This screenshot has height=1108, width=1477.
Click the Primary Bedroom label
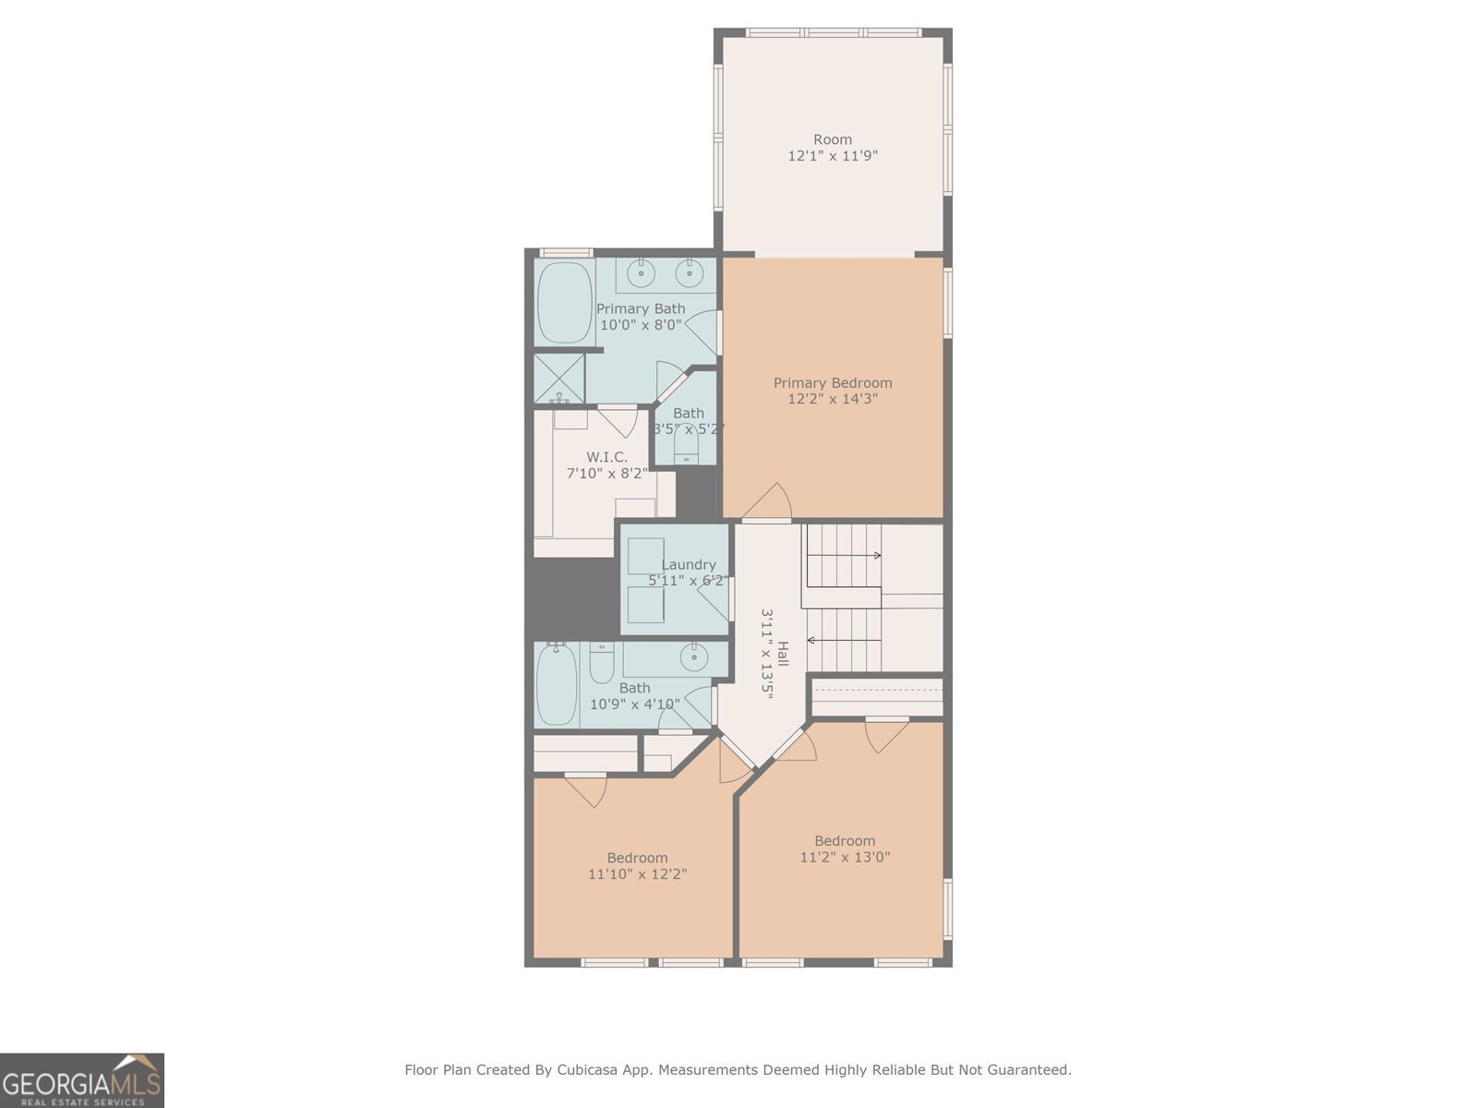[x=832, y=382]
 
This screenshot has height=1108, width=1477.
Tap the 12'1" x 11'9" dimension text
[x=832, y=156]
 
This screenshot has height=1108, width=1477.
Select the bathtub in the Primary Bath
[x=563, y=302]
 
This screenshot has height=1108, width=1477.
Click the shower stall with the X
[x=559, y=378]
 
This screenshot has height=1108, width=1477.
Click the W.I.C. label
[x=606, y=457]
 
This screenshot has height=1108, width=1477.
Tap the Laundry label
[x=688, y=564]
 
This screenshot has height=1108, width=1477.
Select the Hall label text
[x=783, y=654]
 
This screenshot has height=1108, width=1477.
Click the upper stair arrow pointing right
[x=874, y=556]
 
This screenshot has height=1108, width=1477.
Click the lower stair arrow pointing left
[x=813, y=640]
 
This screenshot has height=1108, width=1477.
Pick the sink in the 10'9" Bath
[x=693, y=657]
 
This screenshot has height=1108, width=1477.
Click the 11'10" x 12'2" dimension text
[x=637, y=873]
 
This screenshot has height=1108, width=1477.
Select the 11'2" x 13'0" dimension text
[x=844, y=857]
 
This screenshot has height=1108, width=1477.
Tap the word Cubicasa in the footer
[x=586, y=1070]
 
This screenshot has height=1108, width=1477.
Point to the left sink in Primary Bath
[x=641, y=273]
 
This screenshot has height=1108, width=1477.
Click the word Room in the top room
[x=832, y=139]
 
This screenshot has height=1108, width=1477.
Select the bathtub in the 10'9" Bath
[x=557, y=683]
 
